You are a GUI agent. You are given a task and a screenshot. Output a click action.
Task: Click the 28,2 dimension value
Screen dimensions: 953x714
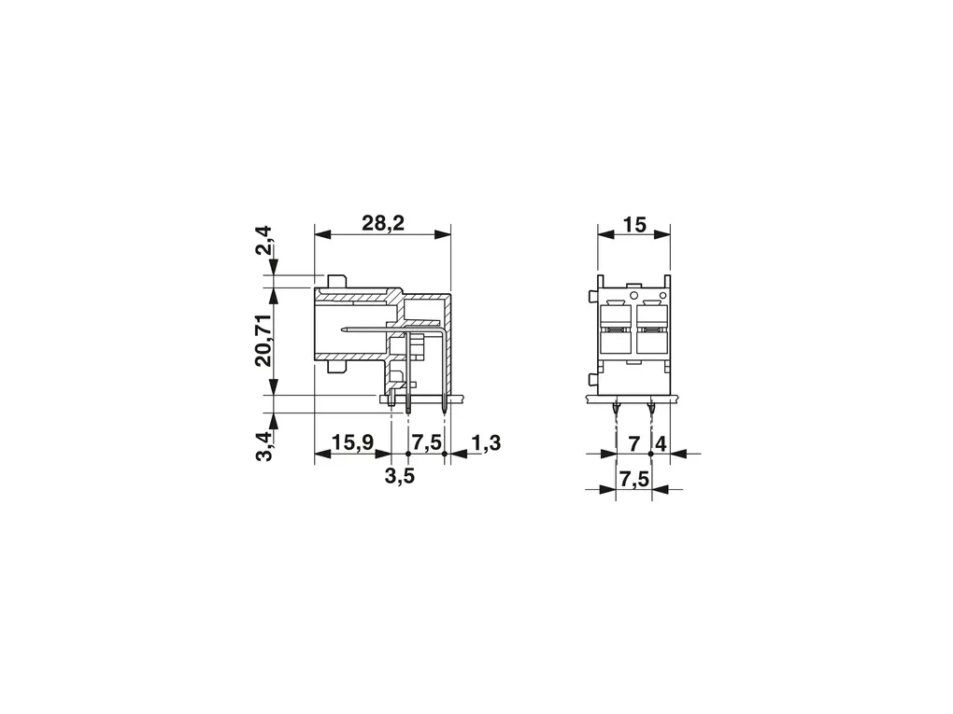[383, 223]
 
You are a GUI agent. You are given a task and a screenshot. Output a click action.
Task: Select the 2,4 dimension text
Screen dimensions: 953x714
[264, 240]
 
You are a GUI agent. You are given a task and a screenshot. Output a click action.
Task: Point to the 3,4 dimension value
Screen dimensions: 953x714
[264, 446]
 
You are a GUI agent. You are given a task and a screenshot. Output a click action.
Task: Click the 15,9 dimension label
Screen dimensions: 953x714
[352, 443]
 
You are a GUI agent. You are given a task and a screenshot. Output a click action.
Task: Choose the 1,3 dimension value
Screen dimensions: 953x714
[486, 443]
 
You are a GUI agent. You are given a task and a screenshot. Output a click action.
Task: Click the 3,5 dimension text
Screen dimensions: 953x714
[400, 476]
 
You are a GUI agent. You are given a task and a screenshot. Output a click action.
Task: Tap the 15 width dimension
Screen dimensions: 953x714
[634, 225]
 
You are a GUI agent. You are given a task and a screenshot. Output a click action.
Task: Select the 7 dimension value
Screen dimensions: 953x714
[633, 444]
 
